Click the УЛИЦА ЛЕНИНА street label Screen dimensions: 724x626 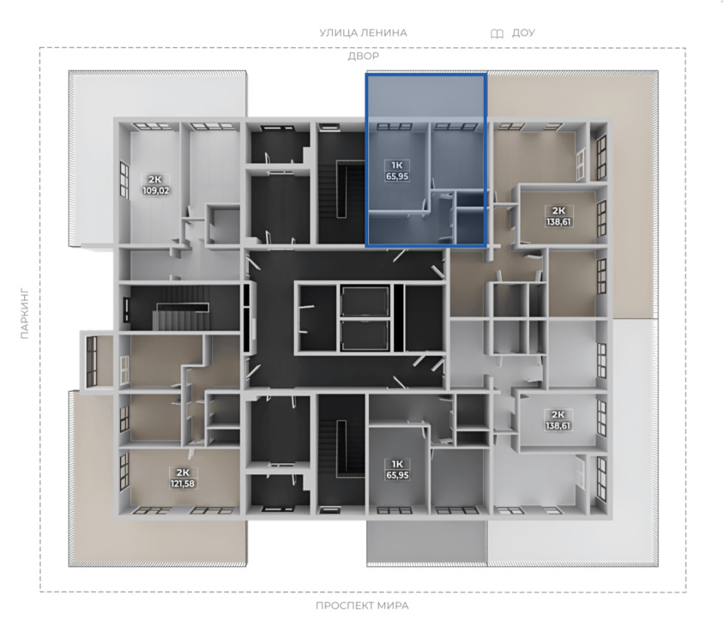363,33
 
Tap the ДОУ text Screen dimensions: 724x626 523,33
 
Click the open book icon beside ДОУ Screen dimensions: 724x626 497,34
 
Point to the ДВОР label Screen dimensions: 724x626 363,56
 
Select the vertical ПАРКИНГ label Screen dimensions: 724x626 24,314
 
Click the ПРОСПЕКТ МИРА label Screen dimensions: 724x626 362,605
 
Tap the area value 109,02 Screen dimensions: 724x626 156,190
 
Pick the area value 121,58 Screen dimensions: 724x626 183,483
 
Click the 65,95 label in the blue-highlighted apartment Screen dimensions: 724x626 397,176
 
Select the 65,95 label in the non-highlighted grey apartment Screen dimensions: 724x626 397,475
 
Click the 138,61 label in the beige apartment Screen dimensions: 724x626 558,222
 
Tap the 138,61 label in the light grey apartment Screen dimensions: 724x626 558,426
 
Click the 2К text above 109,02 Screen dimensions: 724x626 155,179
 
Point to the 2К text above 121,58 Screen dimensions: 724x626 183,472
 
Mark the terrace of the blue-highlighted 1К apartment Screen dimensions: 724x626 426,97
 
